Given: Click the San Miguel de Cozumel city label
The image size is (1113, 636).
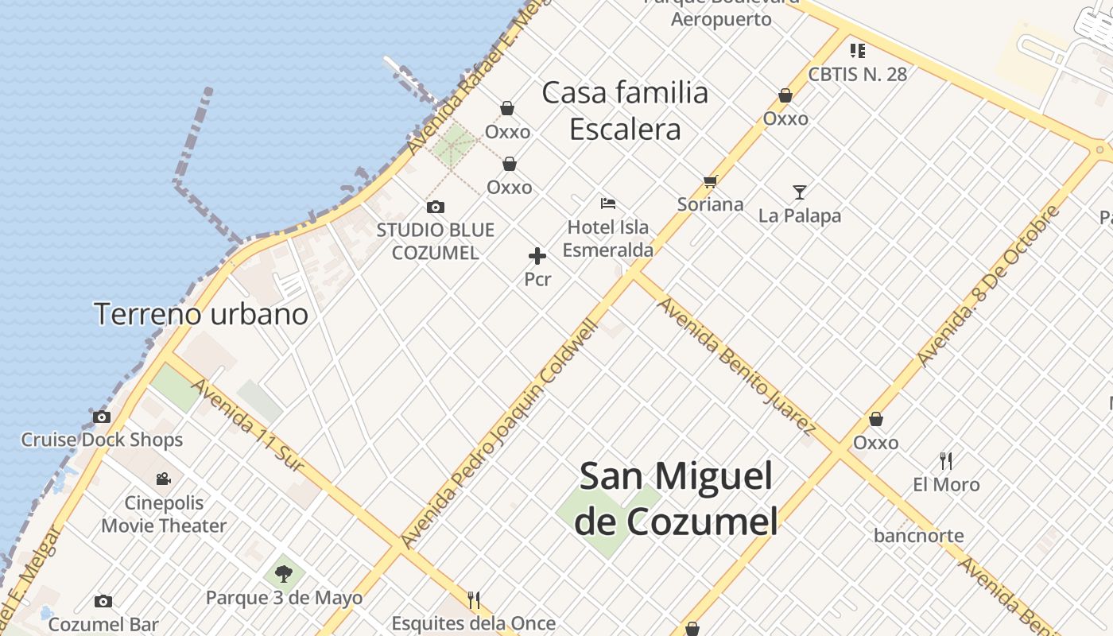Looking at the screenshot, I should coord(676,499).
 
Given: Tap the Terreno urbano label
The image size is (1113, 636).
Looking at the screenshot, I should coord(201,314).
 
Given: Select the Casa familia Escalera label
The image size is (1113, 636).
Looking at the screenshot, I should coord(625,111).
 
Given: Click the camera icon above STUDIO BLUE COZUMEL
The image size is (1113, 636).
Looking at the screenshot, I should coord(435,207).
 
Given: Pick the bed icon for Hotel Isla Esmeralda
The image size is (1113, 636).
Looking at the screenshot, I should coord(608,204).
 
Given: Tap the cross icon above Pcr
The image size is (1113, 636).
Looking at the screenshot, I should coord(537,256).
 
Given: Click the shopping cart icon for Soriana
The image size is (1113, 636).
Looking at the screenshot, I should coord(710,182).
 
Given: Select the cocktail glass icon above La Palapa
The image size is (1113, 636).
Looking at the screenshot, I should coord(799,192).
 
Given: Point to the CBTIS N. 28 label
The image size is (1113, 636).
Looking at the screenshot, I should coord(857,74).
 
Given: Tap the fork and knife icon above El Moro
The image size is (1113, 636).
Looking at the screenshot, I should coord(945,460).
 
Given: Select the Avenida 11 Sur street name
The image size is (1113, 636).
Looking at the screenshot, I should coord(248,425).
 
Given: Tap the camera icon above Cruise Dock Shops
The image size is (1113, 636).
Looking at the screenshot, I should coord(102,417).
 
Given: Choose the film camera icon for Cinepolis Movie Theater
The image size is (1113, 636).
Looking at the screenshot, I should coord(164,479).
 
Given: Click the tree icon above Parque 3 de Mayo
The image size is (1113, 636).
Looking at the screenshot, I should coord(284,573).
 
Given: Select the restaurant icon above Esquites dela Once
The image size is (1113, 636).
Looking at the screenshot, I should coord(473,599).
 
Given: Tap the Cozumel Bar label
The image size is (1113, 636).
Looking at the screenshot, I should coord(103,625).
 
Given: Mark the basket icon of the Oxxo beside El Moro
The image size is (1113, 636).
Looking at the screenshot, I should coord(875,419).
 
